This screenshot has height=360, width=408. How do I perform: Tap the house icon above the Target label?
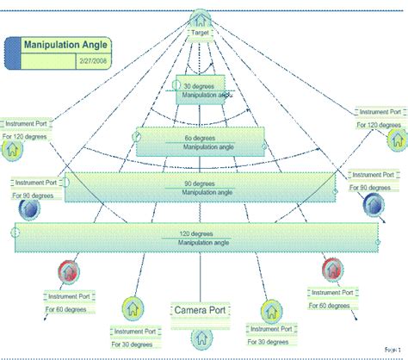pos(201,18)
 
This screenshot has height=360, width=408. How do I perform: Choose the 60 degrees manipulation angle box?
pos(200,142)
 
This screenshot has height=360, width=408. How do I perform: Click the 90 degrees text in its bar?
pos(200,183)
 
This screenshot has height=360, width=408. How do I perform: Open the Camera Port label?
pos(201,310)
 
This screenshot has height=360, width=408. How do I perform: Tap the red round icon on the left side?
pos(69,270)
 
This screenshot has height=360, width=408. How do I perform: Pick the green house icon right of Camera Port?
pos(268,308)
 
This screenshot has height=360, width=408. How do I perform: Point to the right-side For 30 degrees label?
pos(268,340)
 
